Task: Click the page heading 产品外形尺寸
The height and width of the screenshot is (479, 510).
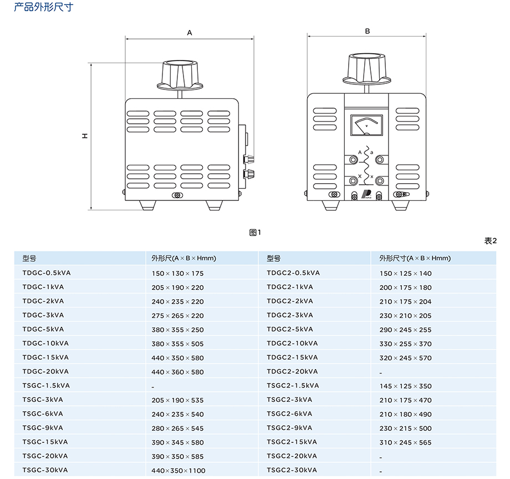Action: tap(43, 7)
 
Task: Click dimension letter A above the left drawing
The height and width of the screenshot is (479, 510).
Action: tap(190, 33)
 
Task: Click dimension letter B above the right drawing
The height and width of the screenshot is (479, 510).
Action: tap(367, 32)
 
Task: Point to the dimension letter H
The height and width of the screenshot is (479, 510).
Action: tap(85, 135)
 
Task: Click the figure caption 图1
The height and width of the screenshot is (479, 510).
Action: tap(255, 233)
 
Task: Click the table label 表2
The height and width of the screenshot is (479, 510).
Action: tap(491, 241)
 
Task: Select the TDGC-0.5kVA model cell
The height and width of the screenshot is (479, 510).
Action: tap(47, 273)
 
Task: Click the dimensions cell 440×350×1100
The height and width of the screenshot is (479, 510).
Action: tap(178, 471)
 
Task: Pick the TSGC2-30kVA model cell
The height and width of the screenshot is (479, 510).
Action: tap(292, 470)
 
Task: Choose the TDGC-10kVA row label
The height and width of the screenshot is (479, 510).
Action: tap(45, 344)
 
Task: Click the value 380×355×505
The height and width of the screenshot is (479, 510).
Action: tap(177, 344)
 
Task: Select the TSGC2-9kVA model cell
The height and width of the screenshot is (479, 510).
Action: tap(289, 428)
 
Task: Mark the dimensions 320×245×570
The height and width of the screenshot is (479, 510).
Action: tap(405, 358)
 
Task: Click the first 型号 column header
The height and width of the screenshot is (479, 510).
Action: tap(29, 258)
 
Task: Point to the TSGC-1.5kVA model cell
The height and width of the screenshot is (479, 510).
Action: tap(46, 386)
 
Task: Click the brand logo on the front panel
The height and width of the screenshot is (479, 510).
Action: tap(366, 195)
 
